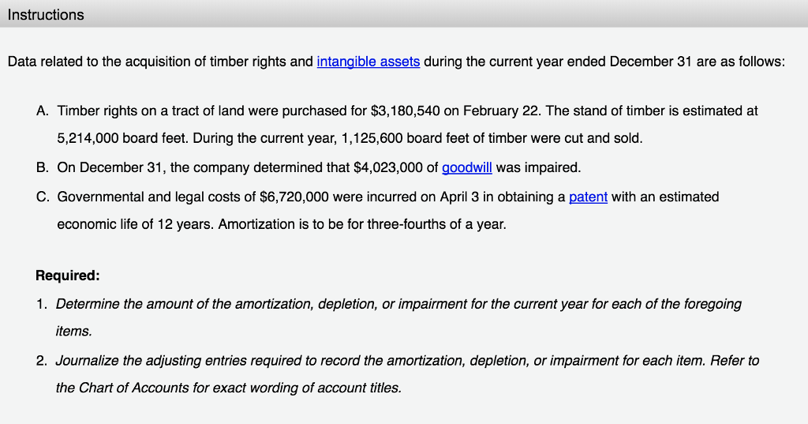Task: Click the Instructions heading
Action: point(46,15)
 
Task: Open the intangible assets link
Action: point(368,62)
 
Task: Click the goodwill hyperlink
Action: point(466,167)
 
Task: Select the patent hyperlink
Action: point(588,197)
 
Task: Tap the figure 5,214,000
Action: point(88,138)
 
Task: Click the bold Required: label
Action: point(67,276)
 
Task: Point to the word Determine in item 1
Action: point(87,304)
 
